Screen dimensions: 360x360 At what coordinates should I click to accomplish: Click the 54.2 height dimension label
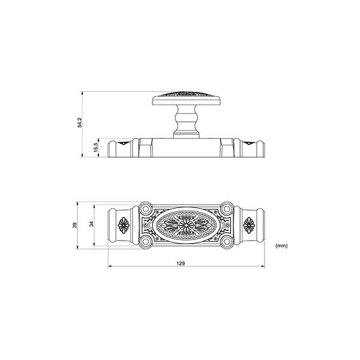[79, 122]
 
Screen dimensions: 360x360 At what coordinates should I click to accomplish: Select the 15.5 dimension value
[96, 147]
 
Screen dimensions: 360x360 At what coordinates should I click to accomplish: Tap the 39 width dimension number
[75, 225]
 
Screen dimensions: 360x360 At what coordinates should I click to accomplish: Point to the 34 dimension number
[91, 224]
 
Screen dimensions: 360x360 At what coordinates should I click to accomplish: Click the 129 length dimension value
[181, 263]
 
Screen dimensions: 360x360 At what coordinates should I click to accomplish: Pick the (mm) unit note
[281, 246]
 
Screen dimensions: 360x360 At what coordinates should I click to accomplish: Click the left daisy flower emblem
[124, 225]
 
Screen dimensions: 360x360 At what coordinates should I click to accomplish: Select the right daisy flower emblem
[249, 225]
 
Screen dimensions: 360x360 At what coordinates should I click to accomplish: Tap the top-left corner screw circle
[146, 209]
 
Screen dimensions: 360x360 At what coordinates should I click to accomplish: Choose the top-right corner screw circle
[227, 209]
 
